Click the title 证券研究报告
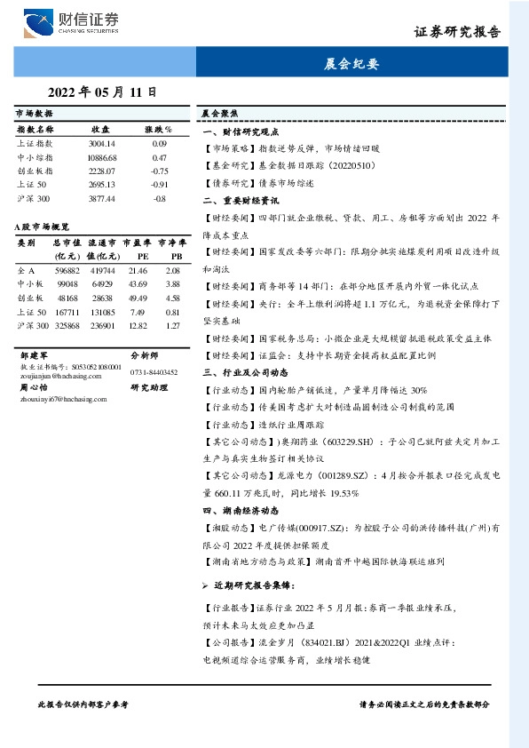(457, 32)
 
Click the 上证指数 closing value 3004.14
(102, 142)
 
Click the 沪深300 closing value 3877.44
(102, 198)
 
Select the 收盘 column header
(100, 129)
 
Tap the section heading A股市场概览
(42, 227)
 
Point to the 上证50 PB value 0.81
(173, 313)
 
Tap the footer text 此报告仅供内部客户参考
(83, 704)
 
